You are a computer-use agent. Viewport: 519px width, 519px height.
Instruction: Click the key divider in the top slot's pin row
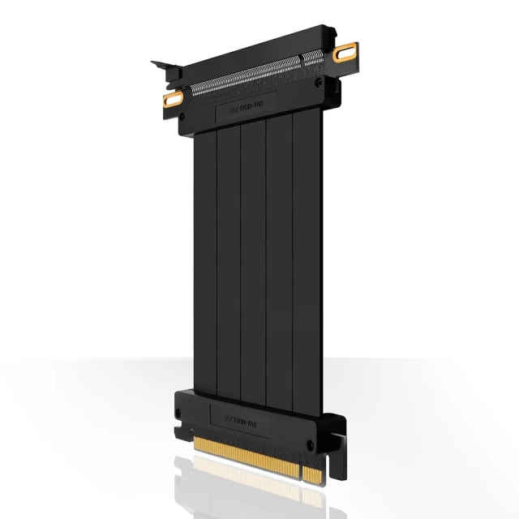click(302, 60)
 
